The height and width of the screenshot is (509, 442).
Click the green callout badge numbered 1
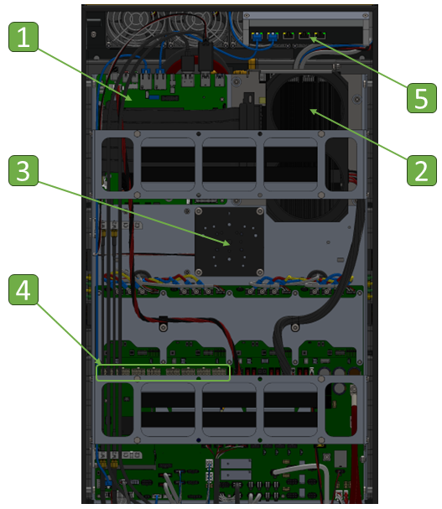(23, 37)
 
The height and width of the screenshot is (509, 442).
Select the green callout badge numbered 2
(422, 171)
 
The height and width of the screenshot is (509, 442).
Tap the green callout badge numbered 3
(23, 171)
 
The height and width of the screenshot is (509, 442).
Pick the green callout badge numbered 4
(23, 290)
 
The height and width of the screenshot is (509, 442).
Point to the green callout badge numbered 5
(422, 98)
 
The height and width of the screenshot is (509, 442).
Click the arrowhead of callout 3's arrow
(228, 243)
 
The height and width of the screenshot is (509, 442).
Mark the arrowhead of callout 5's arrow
(312, 39)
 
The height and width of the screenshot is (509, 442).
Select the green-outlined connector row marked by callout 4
(163, 372)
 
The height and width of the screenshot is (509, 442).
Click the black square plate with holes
(229, 242)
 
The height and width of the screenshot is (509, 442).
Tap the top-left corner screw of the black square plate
(199, 211)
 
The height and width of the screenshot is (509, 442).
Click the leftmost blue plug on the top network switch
(257, 36)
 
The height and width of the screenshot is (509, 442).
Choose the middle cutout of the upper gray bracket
(229, 164)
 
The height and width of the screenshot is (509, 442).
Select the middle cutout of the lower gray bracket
(229, 410)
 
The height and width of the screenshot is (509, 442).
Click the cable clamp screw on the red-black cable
(164, 327)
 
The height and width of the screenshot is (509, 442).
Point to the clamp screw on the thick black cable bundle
(295, 327)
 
